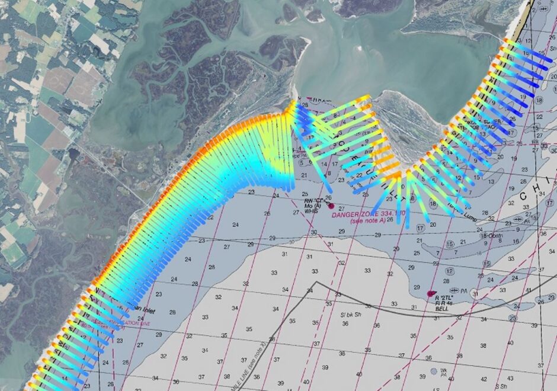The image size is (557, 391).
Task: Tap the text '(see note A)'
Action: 368,220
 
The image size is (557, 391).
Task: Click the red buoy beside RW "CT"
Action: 331,206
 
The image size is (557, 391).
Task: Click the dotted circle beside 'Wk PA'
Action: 434,371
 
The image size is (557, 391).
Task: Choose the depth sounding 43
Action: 484,379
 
